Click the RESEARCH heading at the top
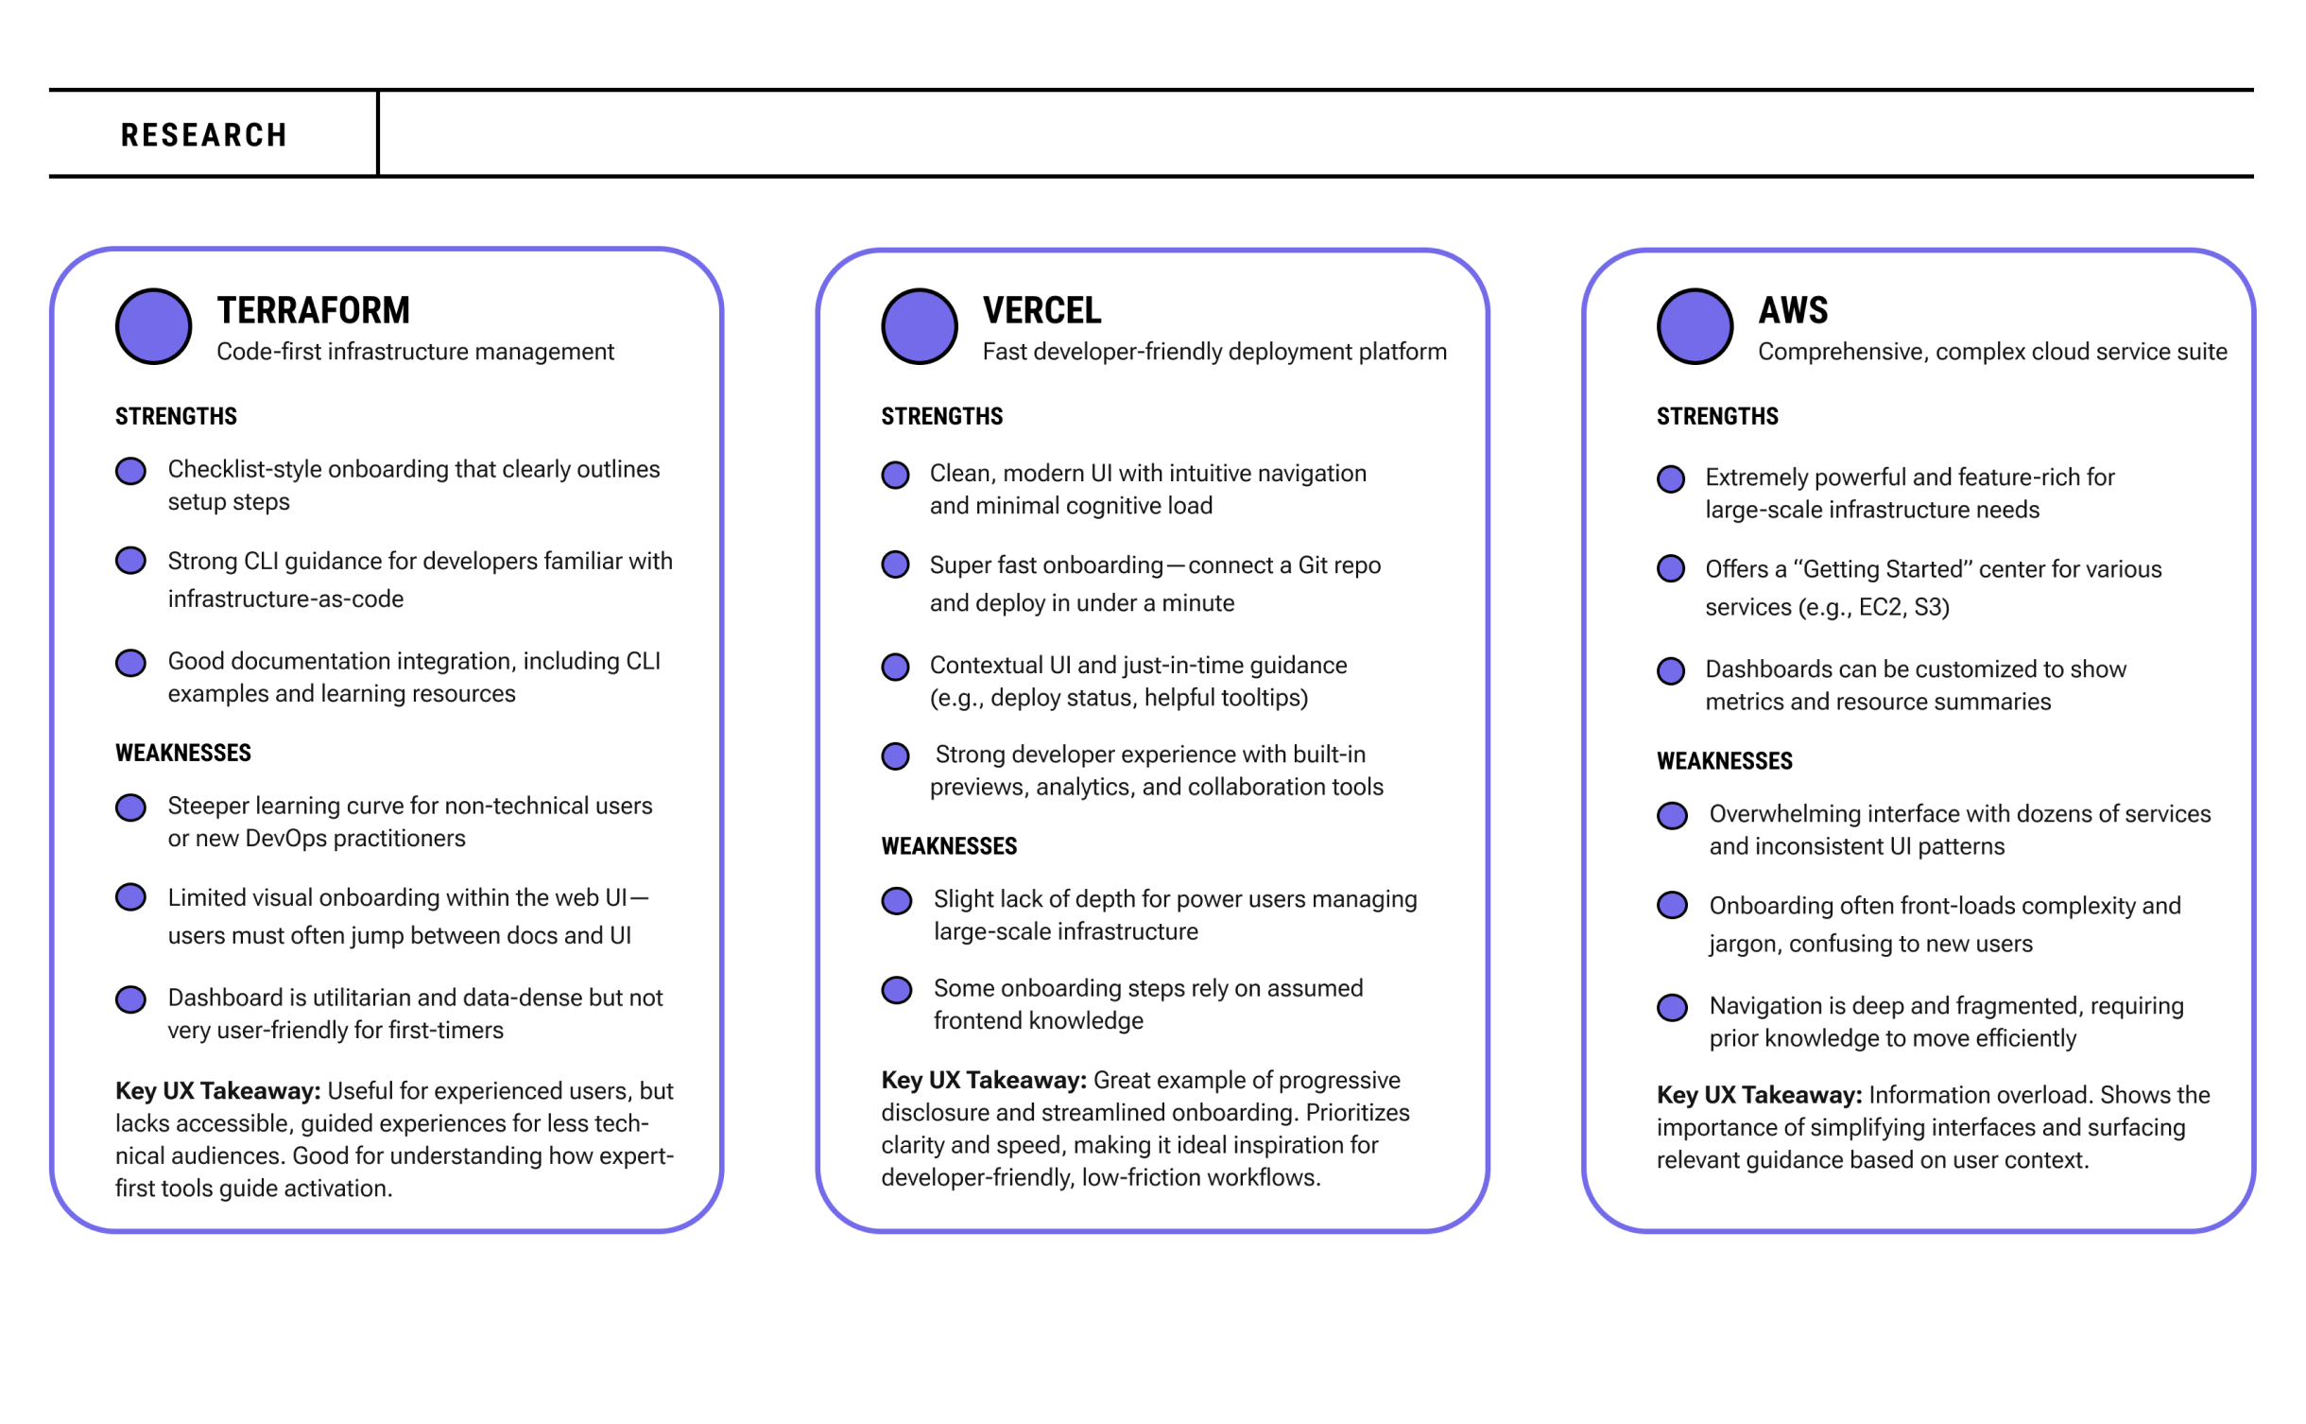click(x=203, y=135)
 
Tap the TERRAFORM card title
click(x=313, y=310)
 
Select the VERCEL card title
click(x=1041, y=310)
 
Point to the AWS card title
click(x=1792, y=310)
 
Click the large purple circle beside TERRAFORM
click(x=153, y=326)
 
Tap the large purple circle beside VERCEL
click(x=919, y=326)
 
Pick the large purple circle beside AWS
click(x=1695, y=326)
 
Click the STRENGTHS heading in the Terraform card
click(x=176, y=416)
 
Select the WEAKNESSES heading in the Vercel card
click(x=949, y=846)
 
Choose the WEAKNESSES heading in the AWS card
click(x=1724, y=761)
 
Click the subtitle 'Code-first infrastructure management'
click(x=415, y=352)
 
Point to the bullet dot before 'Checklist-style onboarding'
click(x=130, y=471)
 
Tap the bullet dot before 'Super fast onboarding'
click(x=895, y=565)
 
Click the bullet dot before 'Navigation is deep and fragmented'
click(x=1672, y=1007)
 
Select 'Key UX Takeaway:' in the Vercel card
click(x=983, y=1080)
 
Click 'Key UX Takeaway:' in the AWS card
click(x=1759, y=1095)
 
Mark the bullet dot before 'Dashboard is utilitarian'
click(x=130, y=999)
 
